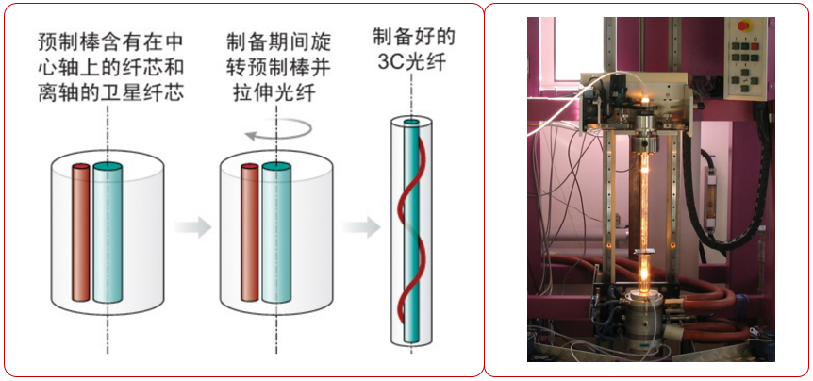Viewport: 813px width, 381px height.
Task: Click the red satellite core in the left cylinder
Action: [x=80, y=232]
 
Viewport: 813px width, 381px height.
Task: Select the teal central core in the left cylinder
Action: [x=108, y=230]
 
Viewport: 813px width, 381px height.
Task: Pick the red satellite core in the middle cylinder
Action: [x=250, y=232]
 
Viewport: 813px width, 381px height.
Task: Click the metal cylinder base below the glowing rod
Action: [x=641, y=311]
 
